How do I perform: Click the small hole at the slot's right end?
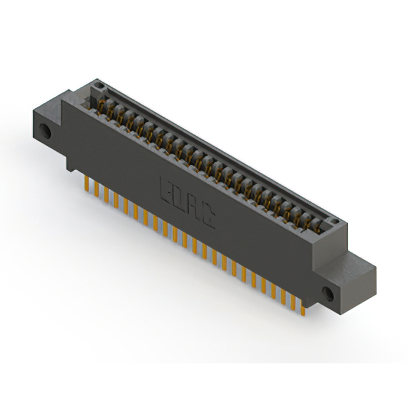(x=331, y=222)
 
